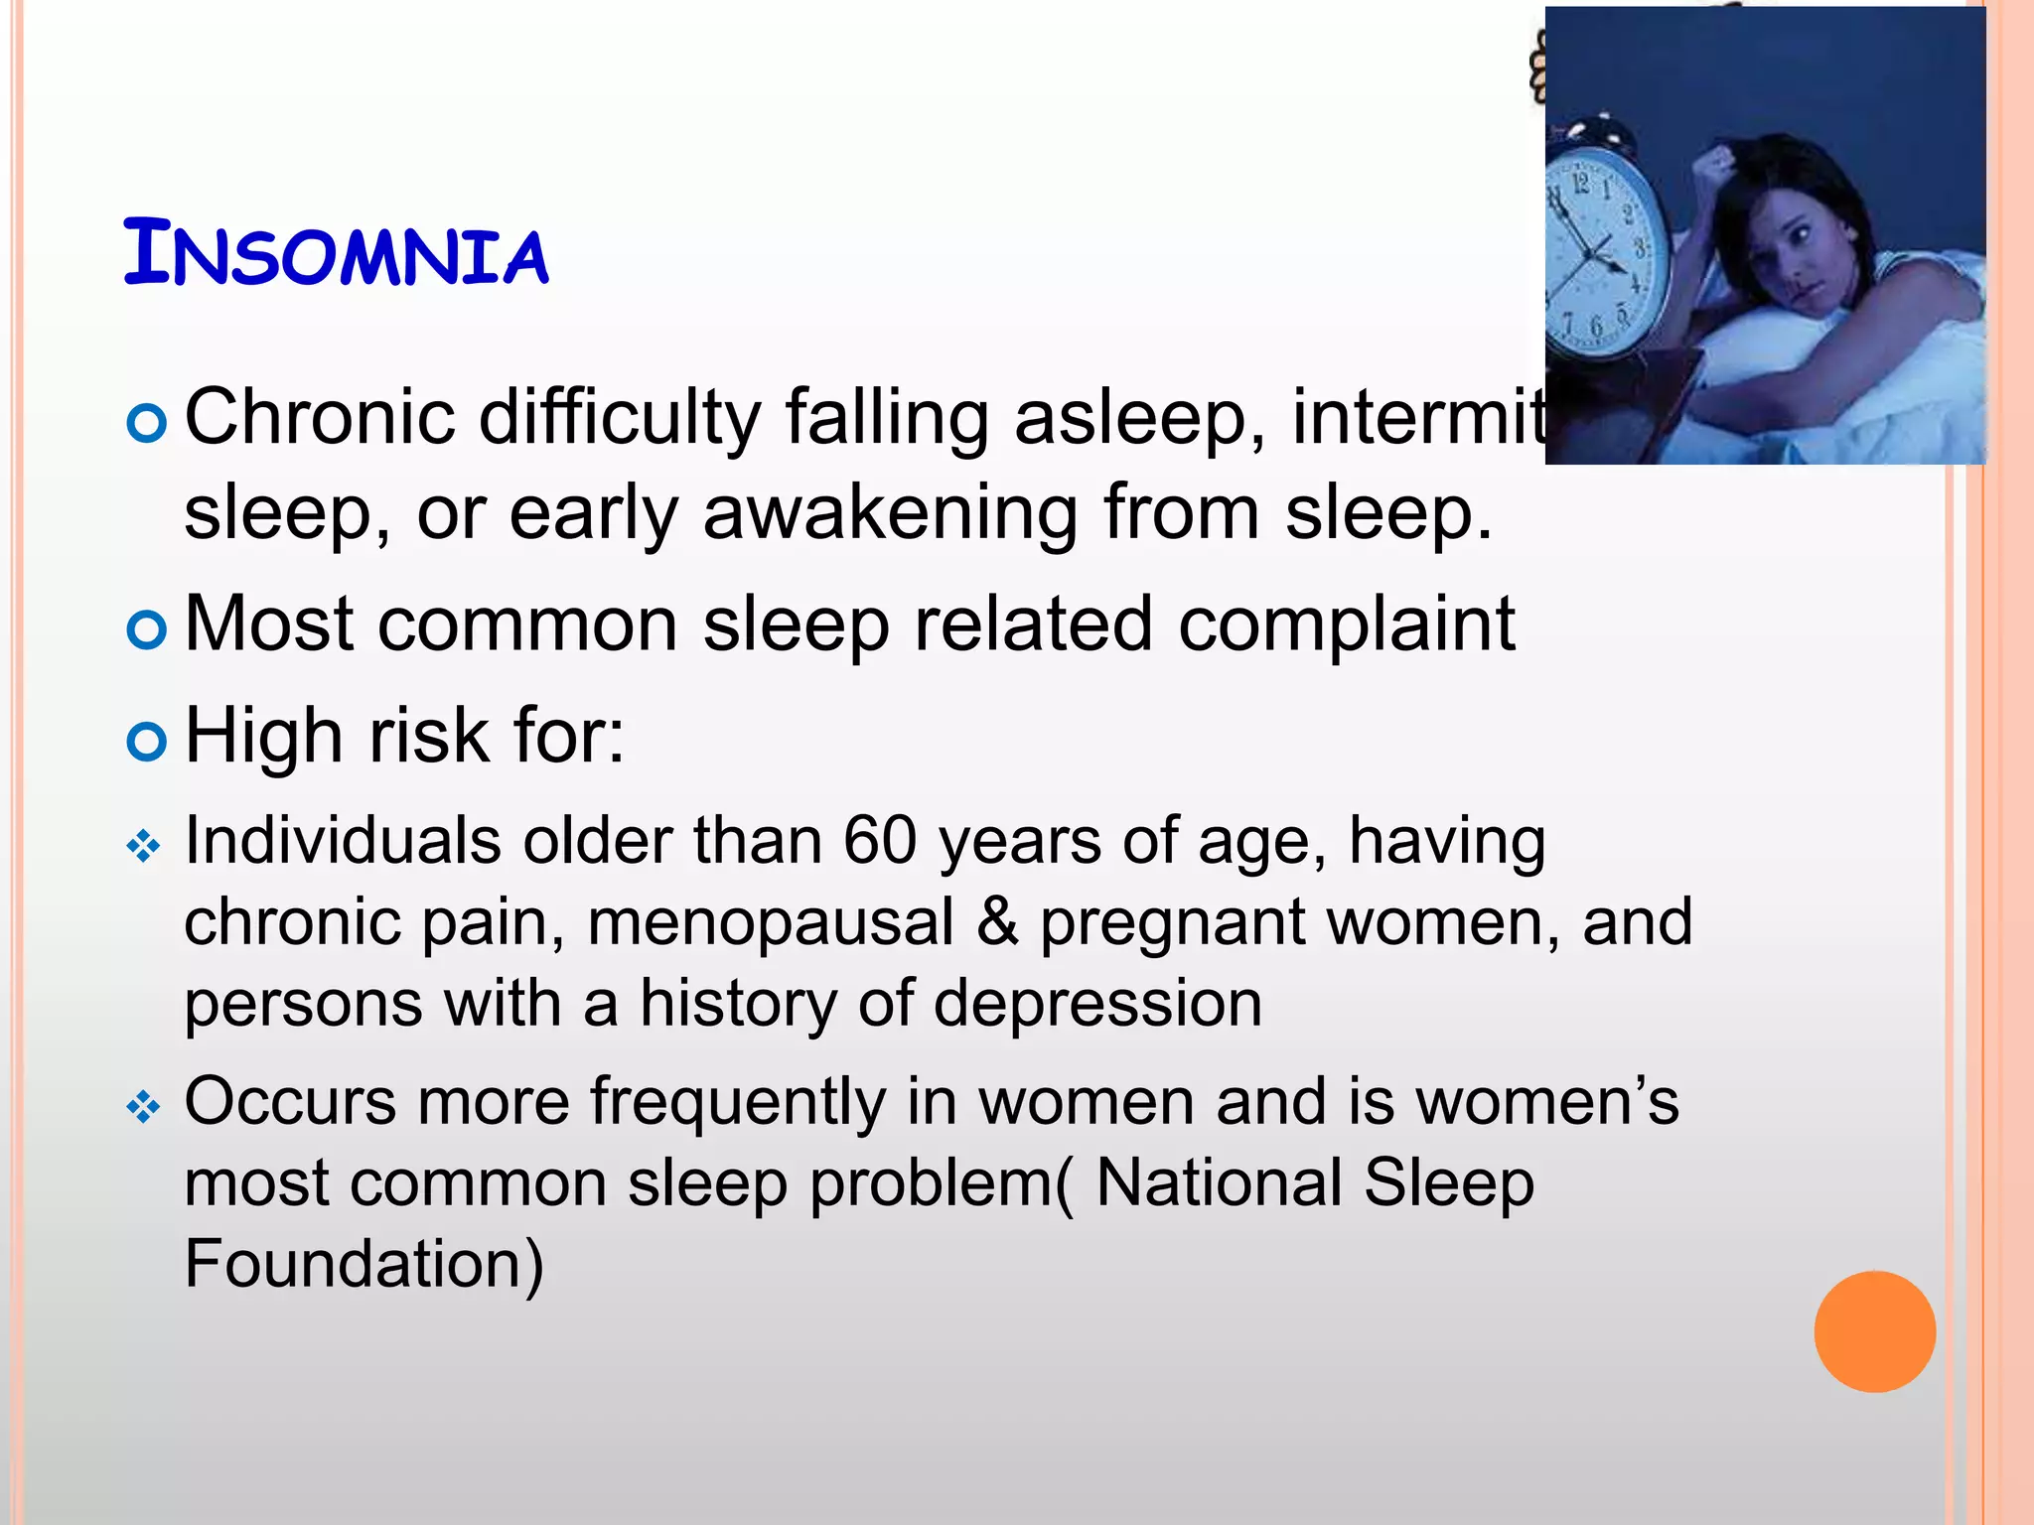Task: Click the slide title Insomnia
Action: (336, 254)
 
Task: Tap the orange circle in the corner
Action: (1874, 1331)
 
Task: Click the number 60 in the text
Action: (879, 841)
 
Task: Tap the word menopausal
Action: (770, 922)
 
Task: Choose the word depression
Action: (1097, 1003)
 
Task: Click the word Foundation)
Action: (364, 1264)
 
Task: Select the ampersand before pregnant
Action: (997, 922)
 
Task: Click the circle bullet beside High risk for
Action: (146, 742)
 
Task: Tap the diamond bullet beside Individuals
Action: (144, 847)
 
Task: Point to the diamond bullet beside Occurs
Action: (144, 1107)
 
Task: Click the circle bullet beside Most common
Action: (146, 629)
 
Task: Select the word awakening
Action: (890, 513)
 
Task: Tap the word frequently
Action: (737, 1102)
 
